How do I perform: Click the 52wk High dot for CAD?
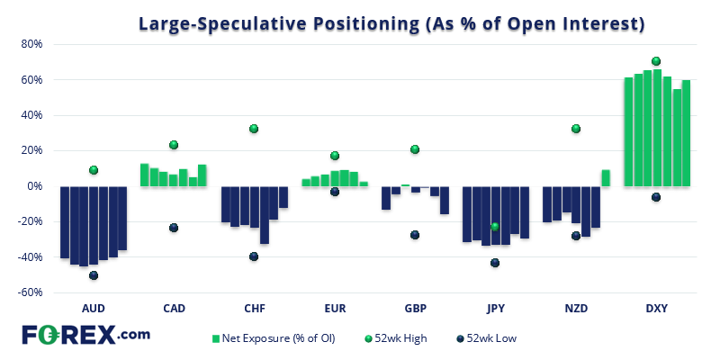point(174,145)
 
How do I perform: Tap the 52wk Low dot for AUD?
point(93,275)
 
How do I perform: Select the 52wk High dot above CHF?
point(254,129)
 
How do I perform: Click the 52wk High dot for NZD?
point(576,129)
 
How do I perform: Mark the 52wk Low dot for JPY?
point(495,263)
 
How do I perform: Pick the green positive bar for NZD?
point(606,178)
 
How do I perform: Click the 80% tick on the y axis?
point(32,44)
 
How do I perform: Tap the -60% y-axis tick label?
point(31,292)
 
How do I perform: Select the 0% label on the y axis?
point(36,186)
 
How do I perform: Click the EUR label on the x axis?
point(335,309)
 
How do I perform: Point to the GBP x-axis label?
point(415,309)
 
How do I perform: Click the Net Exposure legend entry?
point(270,338)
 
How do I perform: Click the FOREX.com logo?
point(85,335)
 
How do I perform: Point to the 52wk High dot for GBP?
point(415,149)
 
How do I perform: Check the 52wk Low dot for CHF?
point(254,256)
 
